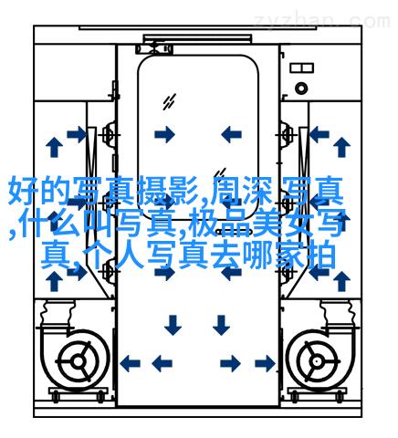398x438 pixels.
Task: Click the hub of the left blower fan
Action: (79, 362)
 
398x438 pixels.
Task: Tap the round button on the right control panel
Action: (301, 89)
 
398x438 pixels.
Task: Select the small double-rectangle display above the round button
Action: (301, 68)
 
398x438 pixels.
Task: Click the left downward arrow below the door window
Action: (173, 325)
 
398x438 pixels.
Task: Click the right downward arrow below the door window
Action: (221, 325)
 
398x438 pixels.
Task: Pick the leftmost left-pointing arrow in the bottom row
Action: (130, 363)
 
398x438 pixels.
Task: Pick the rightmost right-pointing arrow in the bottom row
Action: (265, 363)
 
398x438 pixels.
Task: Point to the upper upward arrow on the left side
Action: (54, 147)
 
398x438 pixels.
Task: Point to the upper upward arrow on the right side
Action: (341, 147)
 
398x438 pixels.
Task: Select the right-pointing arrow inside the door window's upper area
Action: (165, 134)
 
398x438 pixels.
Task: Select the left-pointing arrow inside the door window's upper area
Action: (231, 134)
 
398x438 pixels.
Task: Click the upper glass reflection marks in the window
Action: (169, 102)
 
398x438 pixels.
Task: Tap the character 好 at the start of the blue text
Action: (23, 192)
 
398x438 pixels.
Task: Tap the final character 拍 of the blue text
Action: (322, 255)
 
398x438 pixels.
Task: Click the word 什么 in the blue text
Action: (53, 224)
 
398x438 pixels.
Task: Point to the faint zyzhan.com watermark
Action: (322, 21)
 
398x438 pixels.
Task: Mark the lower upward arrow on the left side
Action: (54, 281)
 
